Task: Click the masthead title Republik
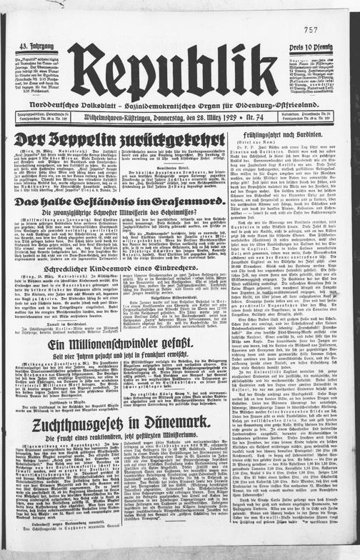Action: click(178, 69)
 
